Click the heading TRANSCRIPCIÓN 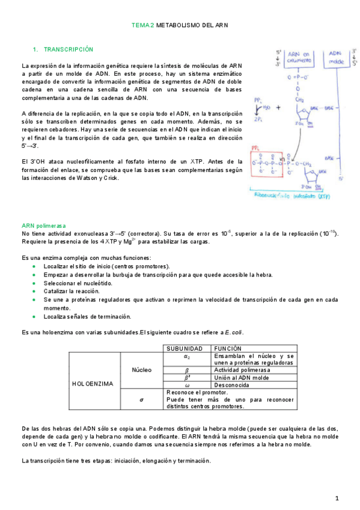tap(69, 49)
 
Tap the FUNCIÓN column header tap(227, 348)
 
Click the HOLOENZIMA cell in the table tap(93, 383)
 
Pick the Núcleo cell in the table tap(141, 370)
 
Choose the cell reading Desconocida tap(231, 384)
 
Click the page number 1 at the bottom tap(338, 498)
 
